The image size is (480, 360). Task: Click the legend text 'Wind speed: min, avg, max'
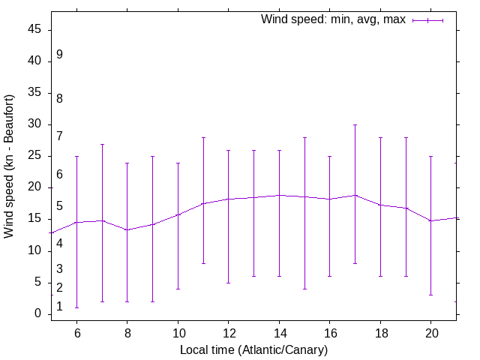333,19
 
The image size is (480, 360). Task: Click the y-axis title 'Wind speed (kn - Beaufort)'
9,166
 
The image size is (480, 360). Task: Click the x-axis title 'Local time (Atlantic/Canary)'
253,349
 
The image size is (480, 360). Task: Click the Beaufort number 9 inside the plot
59,55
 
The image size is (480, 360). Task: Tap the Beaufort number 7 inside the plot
59,136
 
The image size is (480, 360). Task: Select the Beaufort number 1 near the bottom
59,307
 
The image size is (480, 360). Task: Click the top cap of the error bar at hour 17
355,124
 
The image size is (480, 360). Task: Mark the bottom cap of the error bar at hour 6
76,307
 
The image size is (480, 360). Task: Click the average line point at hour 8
127,229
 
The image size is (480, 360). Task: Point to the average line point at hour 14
279,195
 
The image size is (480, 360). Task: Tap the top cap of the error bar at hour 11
203,137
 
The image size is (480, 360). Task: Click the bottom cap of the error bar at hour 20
431,295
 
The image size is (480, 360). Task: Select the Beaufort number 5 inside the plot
59,206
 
